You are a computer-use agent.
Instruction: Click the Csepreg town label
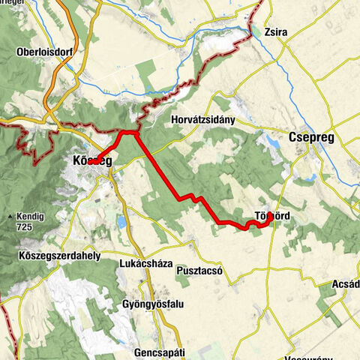[311, 138]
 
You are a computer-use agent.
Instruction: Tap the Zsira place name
[276, 32]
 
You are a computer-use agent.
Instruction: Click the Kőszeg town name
[92, 161]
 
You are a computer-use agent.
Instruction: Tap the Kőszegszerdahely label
[58, 256]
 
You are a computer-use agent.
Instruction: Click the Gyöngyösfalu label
[152, 304]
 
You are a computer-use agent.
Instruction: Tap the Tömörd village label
[273, 216]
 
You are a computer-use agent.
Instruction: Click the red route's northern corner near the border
[133, 133]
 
